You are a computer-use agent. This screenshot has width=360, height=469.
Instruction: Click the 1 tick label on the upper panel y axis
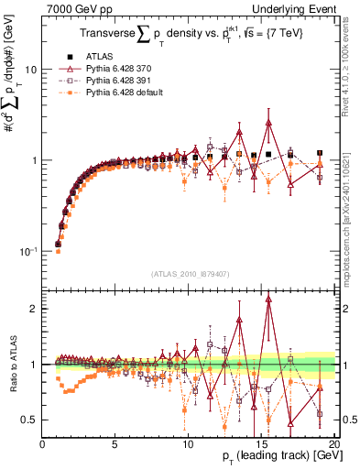[33, 160]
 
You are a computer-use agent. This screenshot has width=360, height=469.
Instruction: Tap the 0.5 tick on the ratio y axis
[29, 420]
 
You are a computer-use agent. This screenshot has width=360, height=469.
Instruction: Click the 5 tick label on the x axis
[115, 444]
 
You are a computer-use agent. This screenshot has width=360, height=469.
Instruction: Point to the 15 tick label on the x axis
[261, 444]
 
